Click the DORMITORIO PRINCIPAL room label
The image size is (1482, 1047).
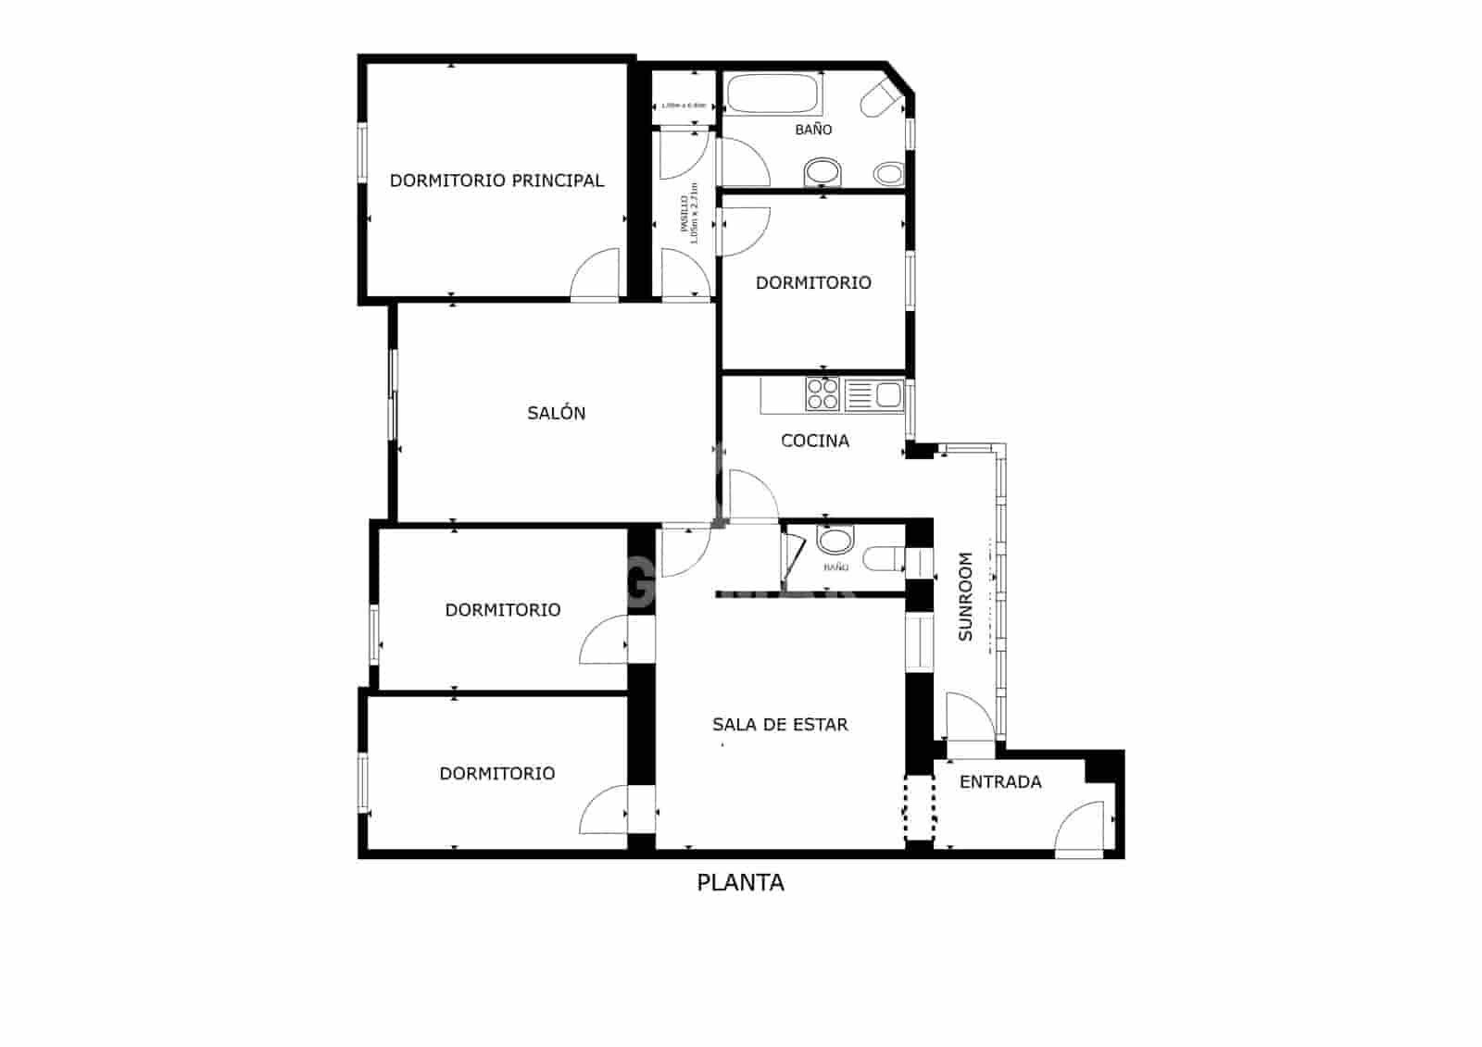pos(496,181)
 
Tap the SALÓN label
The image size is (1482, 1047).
pos(556,413)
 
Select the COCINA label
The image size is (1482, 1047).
pos(815,441)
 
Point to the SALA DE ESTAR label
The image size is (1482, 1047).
pos(780,724)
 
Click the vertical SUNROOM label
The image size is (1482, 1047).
pos(965,596)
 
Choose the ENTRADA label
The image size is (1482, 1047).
pos(1000,781)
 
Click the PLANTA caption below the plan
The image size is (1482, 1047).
pos(740,882)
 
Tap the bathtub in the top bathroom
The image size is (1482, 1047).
pos(772,93)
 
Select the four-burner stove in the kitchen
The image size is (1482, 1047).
pos(823,394)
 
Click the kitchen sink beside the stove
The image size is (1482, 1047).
pos(873,394)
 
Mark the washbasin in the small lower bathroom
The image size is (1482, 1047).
pos(835,541)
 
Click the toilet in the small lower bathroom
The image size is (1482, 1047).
pos(882,558)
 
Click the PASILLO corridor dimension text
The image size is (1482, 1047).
pos(688,214)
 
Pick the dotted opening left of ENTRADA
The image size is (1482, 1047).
pos(919,808)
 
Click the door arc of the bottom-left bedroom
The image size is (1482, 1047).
pos(605,810)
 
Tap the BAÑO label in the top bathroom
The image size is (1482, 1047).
pos(813,130)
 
